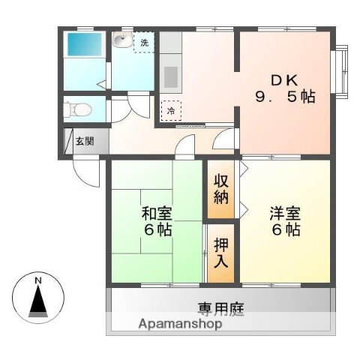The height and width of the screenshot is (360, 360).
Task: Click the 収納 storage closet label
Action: (x=220, y=190)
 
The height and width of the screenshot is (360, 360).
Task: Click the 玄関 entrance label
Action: (x=85, y=140)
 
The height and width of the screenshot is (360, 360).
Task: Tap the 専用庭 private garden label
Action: (x=220, y=308)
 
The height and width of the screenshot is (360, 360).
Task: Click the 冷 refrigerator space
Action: (x=171, y=111)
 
